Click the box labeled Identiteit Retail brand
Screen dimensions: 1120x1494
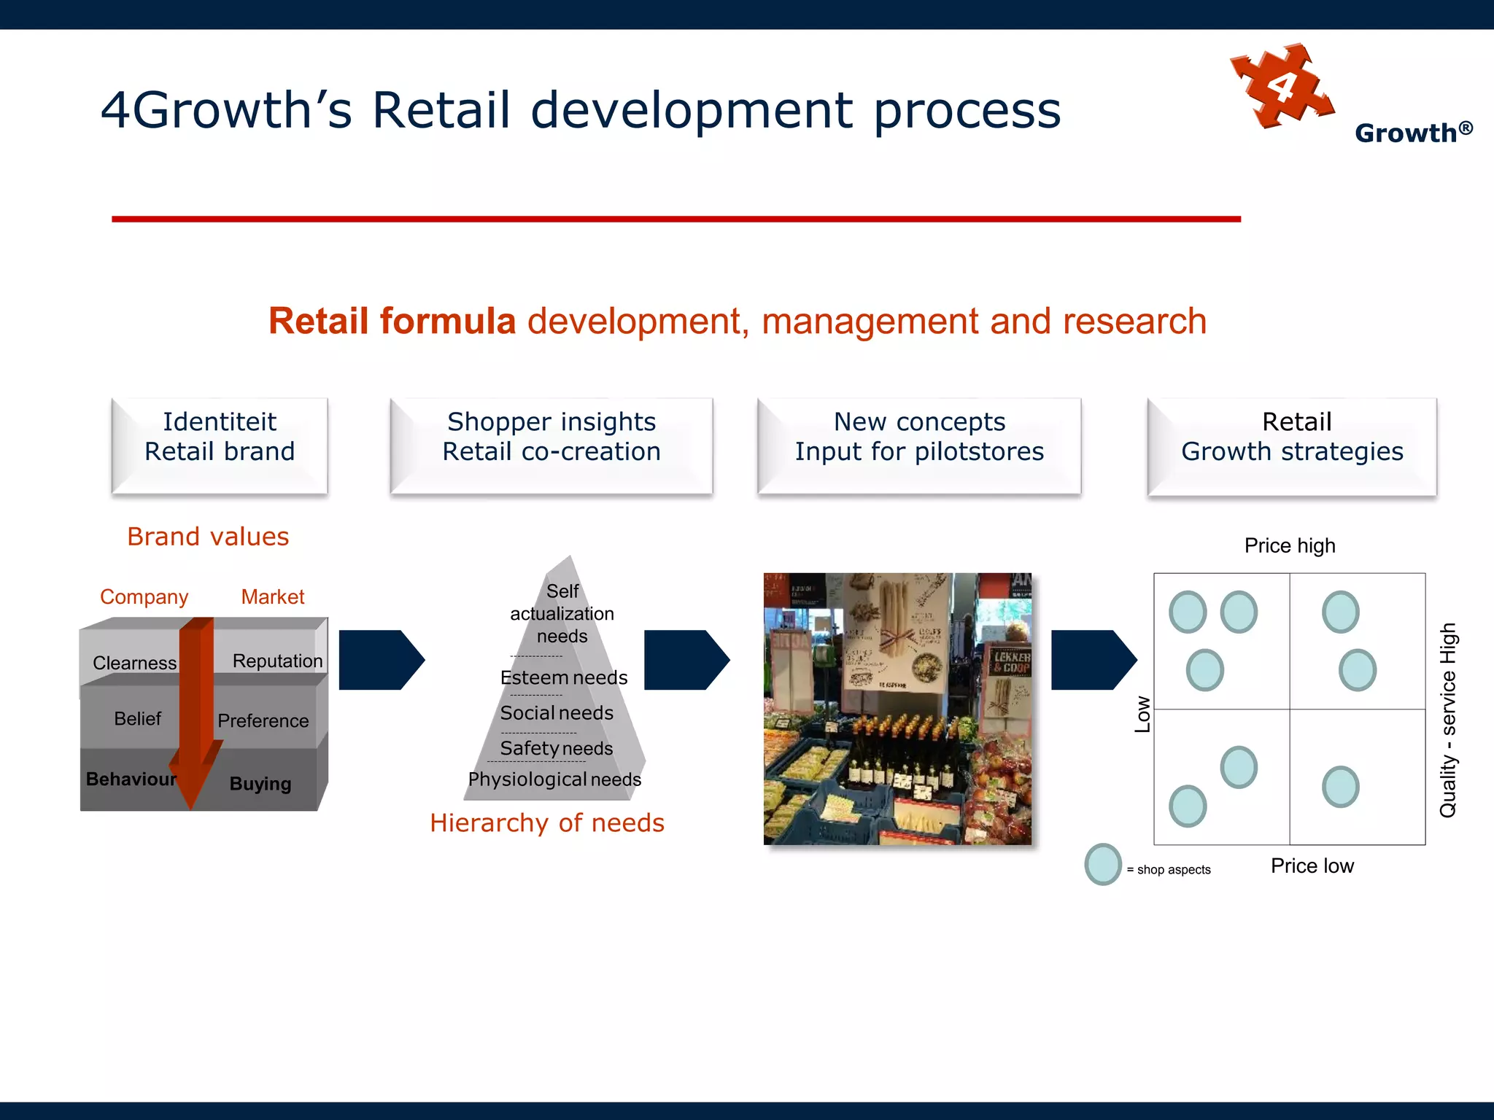pos(220,446)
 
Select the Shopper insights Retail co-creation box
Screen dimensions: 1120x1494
pos(551,446)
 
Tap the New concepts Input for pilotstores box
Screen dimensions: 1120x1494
pos(919,446)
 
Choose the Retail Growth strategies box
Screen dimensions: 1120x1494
pos(1292,446)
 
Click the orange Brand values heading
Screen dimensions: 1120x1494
pos(208,537)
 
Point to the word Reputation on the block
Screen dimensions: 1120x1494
pos(277,661)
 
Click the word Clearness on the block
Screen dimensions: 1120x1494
pos(134,663)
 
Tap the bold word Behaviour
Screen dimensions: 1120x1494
pos(131,779)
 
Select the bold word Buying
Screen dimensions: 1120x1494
pos(260,784)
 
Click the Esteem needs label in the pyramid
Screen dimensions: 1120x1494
pos(564,677)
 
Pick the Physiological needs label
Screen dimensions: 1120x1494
pos(554,779)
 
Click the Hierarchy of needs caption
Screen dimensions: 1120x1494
pos(547,823)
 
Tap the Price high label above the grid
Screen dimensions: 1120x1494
pos(1290,545)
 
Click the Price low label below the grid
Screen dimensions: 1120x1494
pos(1312,866)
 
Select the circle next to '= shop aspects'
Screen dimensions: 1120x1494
pos(1103,865)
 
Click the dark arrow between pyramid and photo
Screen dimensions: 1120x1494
pos(686,660)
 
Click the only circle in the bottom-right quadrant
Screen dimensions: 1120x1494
pos(1340,787)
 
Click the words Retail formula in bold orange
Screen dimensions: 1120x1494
pos(392,322)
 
